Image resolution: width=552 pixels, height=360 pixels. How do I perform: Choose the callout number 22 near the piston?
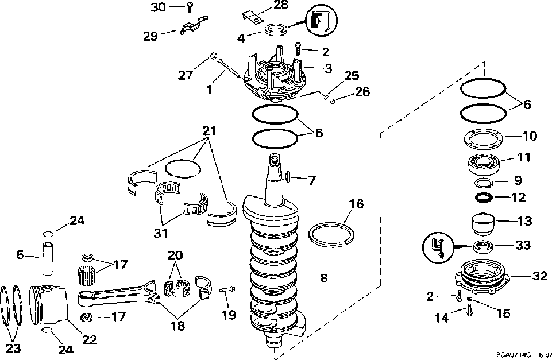[x=90, y=339]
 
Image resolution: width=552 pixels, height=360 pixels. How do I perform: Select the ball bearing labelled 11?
[x=485, y=164]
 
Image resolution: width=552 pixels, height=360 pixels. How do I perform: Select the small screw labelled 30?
[x=190, y=7]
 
